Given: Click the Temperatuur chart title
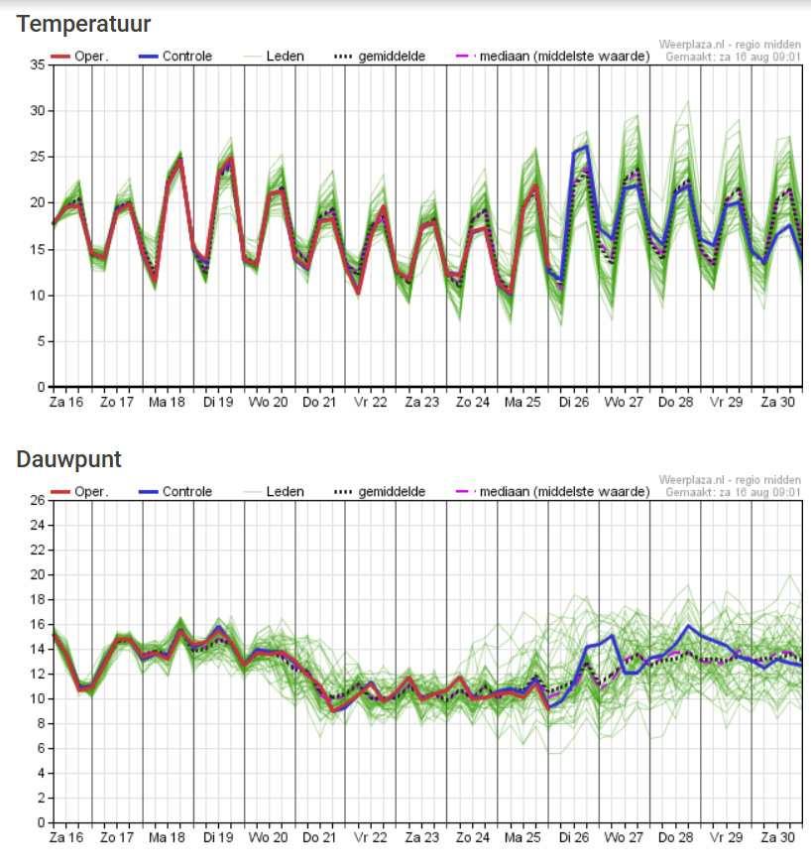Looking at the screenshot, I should [x=83, y=24].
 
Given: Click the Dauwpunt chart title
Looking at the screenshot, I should [x=69, y=459].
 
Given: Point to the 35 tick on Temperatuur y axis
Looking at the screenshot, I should [x=38, y=64].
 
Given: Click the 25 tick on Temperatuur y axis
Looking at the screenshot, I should [x=38, y=157].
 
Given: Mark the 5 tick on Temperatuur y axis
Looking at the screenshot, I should [x=41, y=341].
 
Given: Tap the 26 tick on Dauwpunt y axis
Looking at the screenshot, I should [x=38, y=500].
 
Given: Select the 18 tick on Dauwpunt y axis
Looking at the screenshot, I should [x=38, y=599].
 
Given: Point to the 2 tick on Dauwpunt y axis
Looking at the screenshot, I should [x=41, y=798].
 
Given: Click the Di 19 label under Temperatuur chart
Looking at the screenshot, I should [x=218, y=403].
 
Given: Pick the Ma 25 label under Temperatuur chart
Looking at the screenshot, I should [x=521, y=403].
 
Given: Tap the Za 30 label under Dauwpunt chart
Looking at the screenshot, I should [x=775, y=838].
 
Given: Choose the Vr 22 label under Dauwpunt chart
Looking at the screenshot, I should [x=370, y=838].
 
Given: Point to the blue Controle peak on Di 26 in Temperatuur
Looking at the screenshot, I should [x=587, y=146].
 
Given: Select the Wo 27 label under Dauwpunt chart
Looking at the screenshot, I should [x=624, y=838].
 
